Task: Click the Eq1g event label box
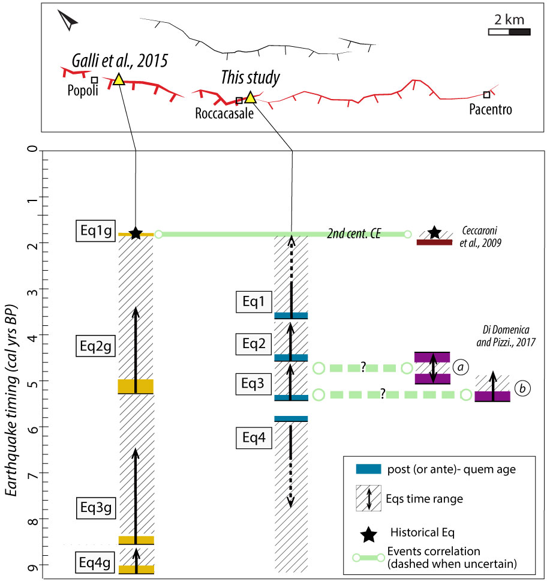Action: (x=96, y=231)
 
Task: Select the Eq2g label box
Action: (x=95, y=346)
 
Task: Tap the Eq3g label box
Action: (x=96, y=507)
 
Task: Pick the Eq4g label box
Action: (x=95, y=562)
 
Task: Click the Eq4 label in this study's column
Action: (x=254, y=438)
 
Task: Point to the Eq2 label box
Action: (x=254, y=344)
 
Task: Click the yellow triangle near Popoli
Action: (x=119, y=79)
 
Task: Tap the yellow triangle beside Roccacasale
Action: (x=251, y=97)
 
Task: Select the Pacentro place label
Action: (x=491, y=109)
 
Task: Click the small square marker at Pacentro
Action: (x=486, y=95)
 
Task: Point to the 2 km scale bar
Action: (x=509, y=32)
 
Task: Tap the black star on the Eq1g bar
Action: (x=136, y=233)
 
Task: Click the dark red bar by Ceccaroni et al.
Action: (x=434, y=242)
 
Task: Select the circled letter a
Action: (x=461, y=367)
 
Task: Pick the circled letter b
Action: (x=522, y=388)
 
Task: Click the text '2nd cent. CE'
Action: (x=354, y=233)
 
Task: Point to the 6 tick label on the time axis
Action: (x=33, y=429)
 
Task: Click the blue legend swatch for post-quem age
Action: (x=368, y=469)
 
